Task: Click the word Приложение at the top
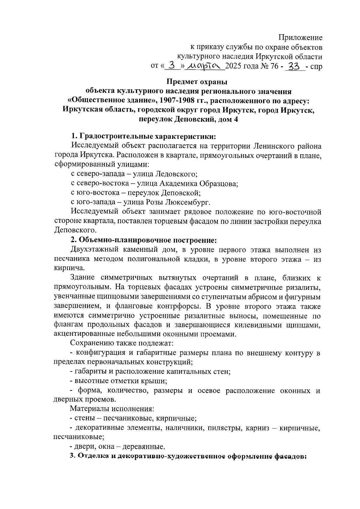(x=300, y=38)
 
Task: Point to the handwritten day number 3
(x=172, y=65)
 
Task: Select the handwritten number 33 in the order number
(x=295, y=65)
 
